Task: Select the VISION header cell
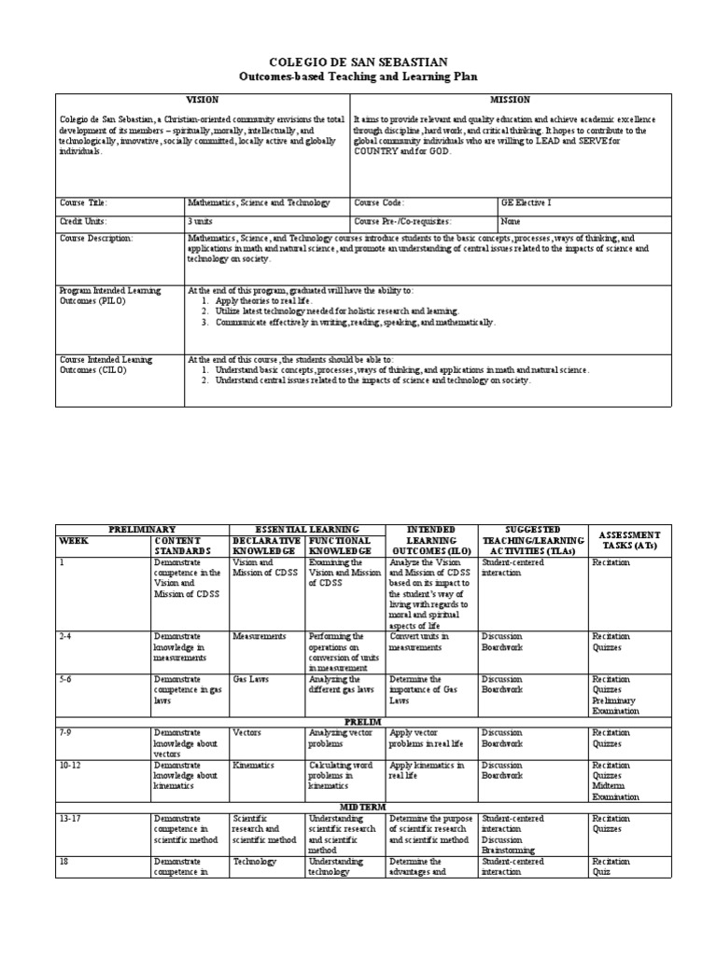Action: click(x=202, y=99)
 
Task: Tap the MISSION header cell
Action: click(x=511, y=99)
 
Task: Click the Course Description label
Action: click(x=96, y=239)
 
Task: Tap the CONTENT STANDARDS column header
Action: click(x=177, y=546)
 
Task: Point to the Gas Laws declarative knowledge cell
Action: click(x=247, y=680)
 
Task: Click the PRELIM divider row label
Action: click(x=358, y=721)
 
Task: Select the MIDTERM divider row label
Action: click(x=358, y=806)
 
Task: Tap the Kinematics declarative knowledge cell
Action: click(x=254, y=765)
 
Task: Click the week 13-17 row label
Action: click(x=72, y=818)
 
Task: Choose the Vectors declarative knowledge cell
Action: click(x=246, y=733)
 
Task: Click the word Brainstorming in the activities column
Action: click(x=509, y=850)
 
